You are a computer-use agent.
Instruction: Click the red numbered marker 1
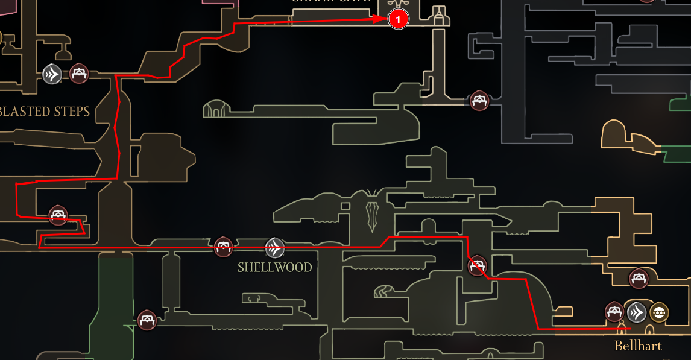[398, 19]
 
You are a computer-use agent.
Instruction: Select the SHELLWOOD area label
[274, 267]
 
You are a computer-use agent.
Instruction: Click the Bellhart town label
[637, 346]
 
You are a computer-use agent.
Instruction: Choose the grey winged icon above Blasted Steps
[52, 74]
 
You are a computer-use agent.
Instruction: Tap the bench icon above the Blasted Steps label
[78, 74]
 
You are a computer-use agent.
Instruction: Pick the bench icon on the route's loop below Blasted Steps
[58, 215]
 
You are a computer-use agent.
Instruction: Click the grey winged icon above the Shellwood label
[275, 247]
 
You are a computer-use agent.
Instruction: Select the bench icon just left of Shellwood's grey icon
[224, 247]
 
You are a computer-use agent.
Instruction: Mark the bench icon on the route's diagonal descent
[477, 265]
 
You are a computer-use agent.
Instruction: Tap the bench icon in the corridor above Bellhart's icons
[639, 279]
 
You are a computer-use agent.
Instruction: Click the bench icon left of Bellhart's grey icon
[614, 312]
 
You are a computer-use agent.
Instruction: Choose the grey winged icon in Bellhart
[637, 312]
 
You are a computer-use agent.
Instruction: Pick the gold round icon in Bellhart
[658, 312]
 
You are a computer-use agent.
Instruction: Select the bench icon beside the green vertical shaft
[147, 320]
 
